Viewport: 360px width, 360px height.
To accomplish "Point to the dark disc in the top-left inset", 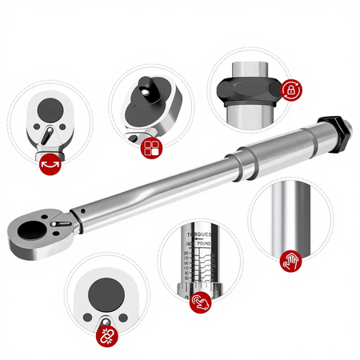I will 50,110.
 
